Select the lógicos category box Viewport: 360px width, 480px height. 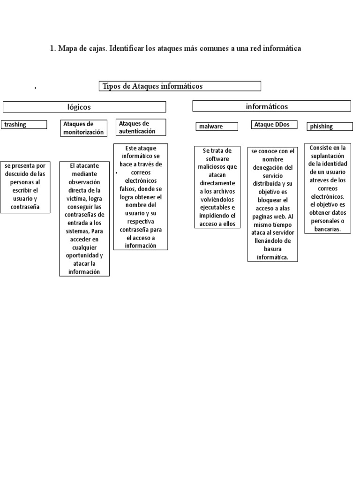pyautogui.click(x=84, y=107)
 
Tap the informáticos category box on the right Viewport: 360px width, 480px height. pyautogui.click(x=271, y=106)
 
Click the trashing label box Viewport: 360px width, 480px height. pyautogui.click(x=24, y=125)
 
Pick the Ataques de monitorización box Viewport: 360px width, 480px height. pyautogui.click(x=83, y=128)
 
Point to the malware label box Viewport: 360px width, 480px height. pyautogui.click(x=217, y=127)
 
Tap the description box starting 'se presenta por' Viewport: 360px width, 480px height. pyautogui.click(x=25, y=187)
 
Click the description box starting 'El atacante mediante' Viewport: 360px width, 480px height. pyautogui.click(x=84, y=218)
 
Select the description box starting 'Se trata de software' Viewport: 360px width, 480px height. pyautogui.click(x=217, y=187)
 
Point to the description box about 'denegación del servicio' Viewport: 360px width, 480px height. pyautogui.click(x=272, y=204)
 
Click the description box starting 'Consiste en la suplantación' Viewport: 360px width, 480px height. pyautogui.click(x=327, y=188)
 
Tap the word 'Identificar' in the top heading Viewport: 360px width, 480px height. pyautogui.click(x=127, y=49)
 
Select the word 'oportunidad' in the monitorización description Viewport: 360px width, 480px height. pyautogui.click(x=84, y=256)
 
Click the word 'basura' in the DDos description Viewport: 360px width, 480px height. pyautogui.click(x=272, y=249)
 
